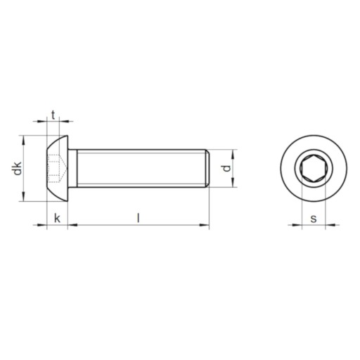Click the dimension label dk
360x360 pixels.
tap(18, 168)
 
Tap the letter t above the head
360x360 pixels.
tap(53, 115)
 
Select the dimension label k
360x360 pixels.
tap(57, 219)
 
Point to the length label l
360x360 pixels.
tap(139, 218)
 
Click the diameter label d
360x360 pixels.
tap(226, 168)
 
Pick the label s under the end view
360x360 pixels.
tap(314, 219)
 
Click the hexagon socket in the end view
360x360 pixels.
tap(314, 168)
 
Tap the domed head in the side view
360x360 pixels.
tap(58, 168)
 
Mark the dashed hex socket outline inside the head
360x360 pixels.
tap(57, 168)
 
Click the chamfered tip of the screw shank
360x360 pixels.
tap(207, 168)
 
